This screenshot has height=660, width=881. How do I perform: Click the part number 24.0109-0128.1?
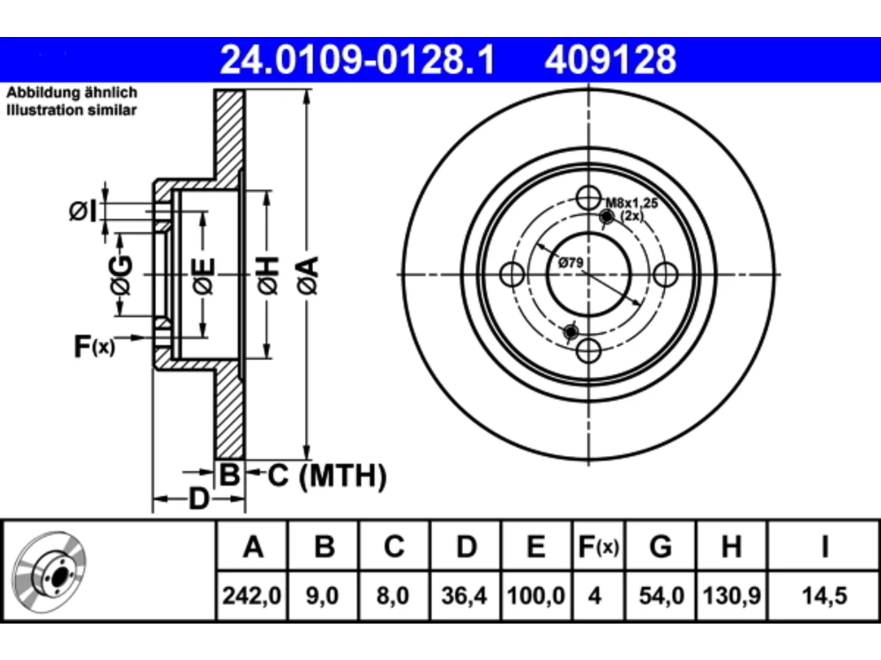click(357, 60)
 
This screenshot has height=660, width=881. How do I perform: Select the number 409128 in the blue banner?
click(610, 60)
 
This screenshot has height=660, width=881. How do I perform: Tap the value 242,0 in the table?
click(252, 595)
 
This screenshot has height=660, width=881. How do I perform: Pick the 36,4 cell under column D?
click(464, 595)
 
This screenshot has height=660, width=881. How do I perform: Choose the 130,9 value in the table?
click(731, 595)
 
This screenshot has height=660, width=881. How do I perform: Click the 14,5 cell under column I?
click(825, 595)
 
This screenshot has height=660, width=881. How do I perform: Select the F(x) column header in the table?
click(598, 547)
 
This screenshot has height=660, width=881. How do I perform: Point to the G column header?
click(661, 547)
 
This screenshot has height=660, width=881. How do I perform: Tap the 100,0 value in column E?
click(535, 595)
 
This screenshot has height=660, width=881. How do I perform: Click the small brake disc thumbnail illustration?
click(49, 572)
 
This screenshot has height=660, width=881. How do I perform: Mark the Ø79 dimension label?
click(571, 263)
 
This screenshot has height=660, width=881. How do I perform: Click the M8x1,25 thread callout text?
click(632, 203)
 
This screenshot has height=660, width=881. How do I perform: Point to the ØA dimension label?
click(308, 276)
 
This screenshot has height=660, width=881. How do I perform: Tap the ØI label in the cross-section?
click(83, 212)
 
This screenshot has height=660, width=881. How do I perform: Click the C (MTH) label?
click(327, 476)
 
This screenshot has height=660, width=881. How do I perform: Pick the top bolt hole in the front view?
click(588, 198)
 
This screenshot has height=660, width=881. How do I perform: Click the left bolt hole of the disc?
click(512, 274)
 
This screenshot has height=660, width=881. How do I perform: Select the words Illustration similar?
click(72, 110)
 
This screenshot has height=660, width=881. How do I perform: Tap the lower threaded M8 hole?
click(571, 332)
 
